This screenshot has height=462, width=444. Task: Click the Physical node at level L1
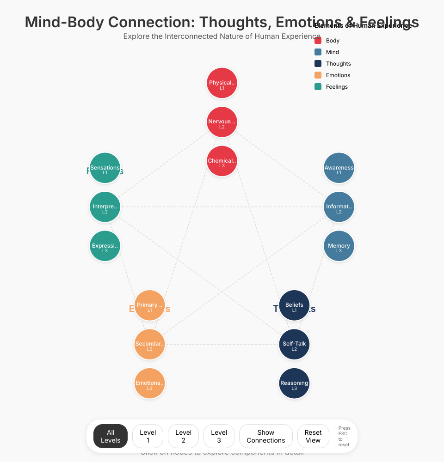pos(222,83)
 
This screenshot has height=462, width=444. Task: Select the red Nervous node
pos(222,122)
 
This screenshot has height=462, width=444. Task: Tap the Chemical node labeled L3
pos(222,161)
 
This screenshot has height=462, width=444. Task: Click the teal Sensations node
pos(105,168)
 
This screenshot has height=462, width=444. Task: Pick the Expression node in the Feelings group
pos(105,246)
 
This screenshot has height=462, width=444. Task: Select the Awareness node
pos(339,168)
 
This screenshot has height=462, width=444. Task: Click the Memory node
pos(339,246)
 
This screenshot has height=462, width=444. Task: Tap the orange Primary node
pos(150,305)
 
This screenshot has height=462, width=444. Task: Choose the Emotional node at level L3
pos(150,383)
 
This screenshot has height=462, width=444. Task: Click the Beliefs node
pos(295,305)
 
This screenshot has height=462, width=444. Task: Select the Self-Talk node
pos(295,344)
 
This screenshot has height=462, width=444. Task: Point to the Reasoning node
pos(295,383)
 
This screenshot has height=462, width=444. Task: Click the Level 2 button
pos(184,436)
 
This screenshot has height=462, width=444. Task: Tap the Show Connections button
pos(266,436)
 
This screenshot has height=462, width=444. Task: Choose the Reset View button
pos(313,436)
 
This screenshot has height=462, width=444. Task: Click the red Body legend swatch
pos(318,41)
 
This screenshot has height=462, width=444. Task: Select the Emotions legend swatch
pos(318,75)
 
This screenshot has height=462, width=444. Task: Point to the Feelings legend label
pos(337,87)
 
